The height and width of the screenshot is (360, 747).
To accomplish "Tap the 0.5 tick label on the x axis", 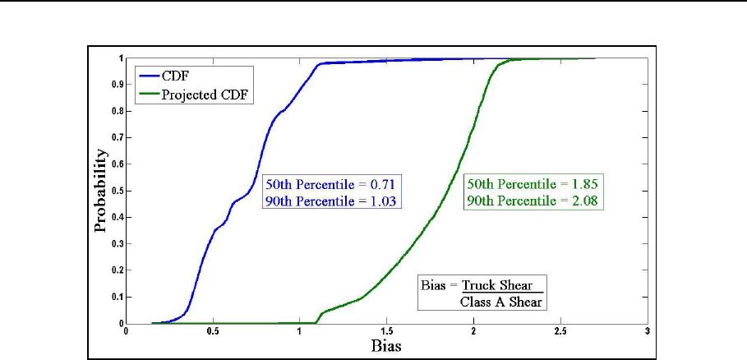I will tap(213, 331).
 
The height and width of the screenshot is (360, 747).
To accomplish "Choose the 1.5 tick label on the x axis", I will tap(386, 331).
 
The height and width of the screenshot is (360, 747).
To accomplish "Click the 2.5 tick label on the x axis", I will tap(560, 331).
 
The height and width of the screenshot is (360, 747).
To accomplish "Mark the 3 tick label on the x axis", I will tap(648, 331).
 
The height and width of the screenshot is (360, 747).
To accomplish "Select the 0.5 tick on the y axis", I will tap(118, 190).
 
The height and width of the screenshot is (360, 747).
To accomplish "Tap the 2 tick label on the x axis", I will tap(473, 331).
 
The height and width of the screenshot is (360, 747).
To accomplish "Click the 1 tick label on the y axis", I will tap(121, 58).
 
